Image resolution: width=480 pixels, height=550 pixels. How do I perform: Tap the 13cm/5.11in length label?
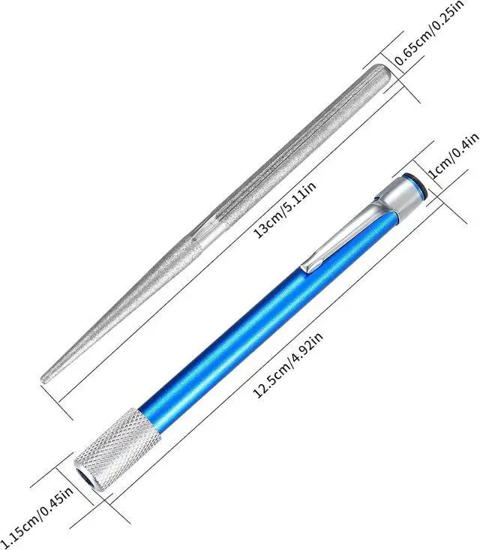286,210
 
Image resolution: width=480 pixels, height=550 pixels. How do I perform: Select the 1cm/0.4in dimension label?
453,155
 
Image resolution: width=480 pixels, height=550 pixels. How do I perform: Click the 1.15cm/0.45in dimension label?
37,512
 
